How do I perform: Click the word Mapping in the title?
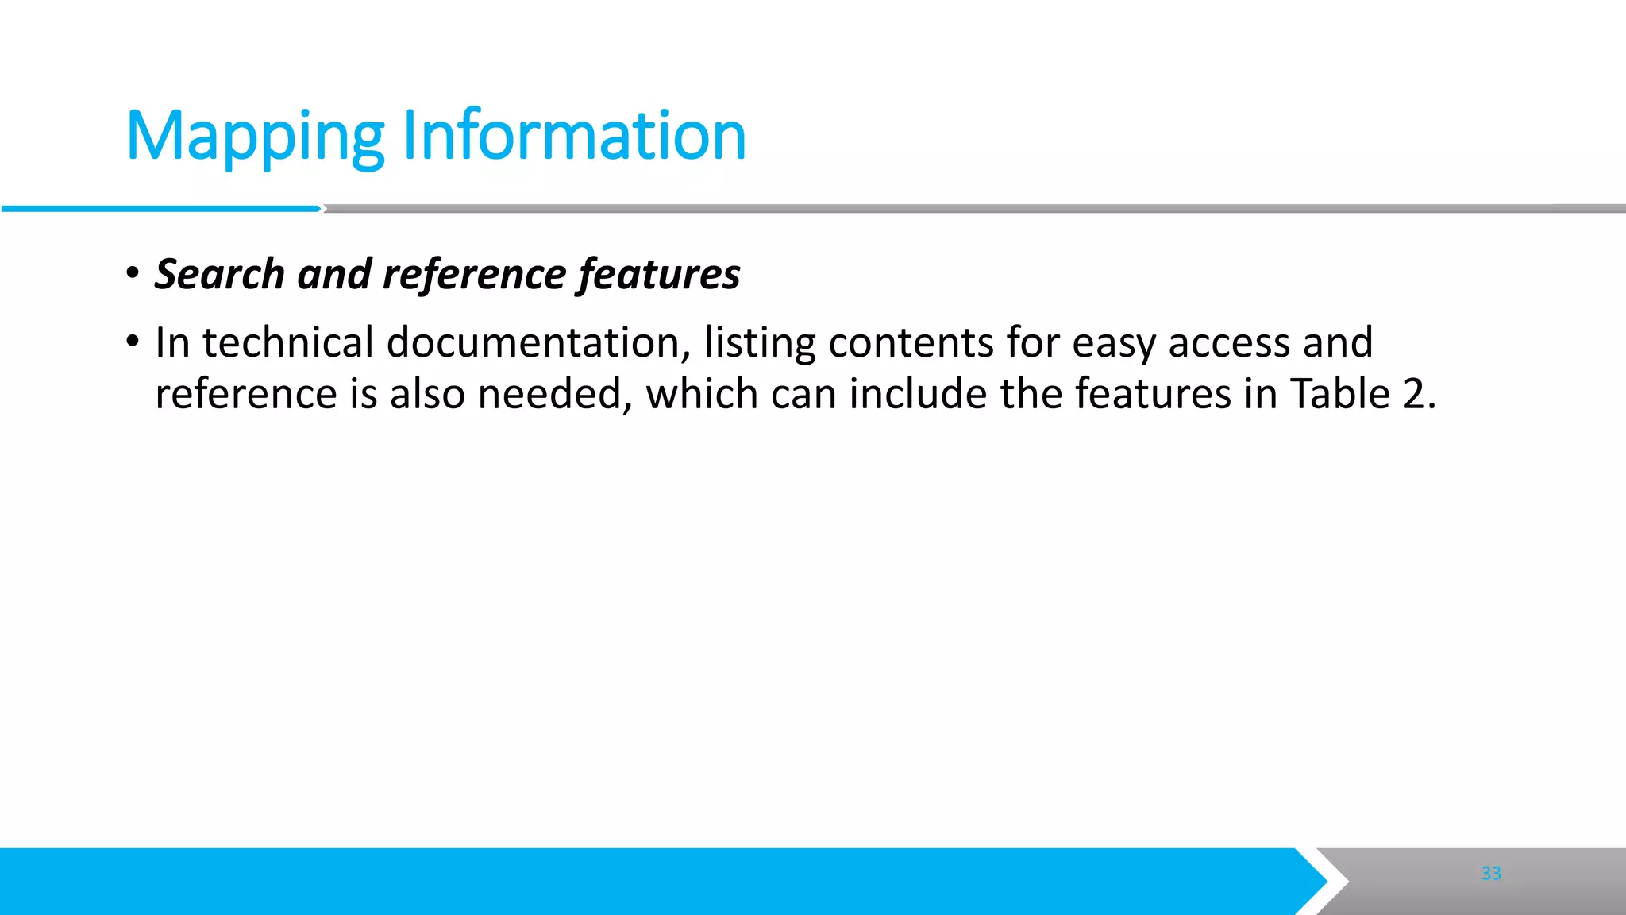click(x=255, y=137)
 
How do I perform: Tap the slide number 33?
click(x=1491, y=873)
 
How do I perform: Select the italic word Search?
click(x=219, y=274)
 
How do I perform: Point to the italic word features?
click(x=660, y=274)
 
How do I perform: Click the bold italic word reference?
click(x=474, y=274)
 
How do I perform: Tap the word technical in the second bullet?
click(x=287, y=342)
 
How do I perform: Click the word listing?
click(x=760, y=342)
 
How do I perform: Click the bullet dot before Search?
click(x=133, y=274)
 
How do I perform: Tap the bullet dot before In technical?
click(x=133, y=342)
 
